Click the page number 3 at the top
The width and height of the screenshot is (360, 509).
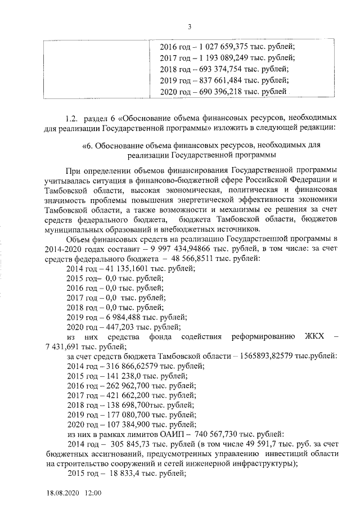pos(190,26)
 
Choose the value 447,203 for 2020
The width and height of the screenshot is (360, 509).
pos(113,327)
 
